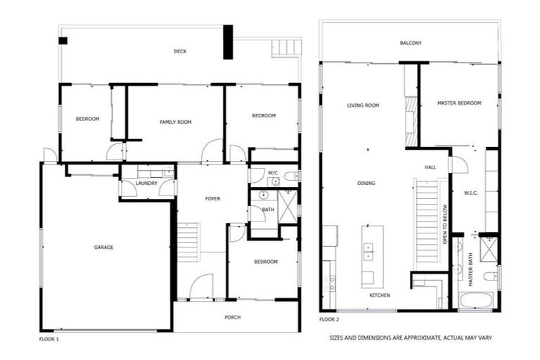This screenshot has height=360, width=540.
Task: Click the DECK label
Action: pyautogui.click(x=180, y=51)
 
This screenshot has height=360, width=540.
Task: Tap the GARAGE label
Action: pyautogui.click(x=104, y=247)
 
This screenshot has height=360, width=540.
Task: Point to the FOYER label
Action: pyautogui.click(x=212, y=199)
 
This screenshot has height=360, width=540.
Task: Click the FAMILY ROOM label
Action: pyautogui.click(x=175, y=122)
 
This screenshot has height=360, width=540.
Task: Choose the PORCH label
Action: pyautogui.click(x=232, y=317)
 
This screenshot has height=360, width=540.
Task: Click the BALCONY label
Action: pyautogui.click(x=411, y=43)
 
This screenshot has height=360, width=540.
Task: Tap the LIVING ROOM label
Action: pyautogui.click(x=363, y=105)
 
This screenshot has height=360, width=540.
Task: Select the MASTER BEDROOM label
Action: pyautogui.click(x=459, y=103)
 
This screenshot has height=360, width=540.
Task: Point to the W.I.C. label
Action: pyautogui.click(x=471, y=193)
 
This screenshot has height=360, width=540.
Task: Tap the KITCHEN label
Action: pyautogui.click(x=380, y=295)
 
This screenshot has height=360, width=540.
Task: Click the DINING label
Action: pyautogui.click(x=366, y=184)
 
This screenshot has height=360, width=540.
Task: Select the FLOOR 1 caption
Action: pyautogui.click(x=49, y=339)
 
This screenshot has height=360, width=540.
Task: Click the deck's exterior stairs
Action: pyautogui.click(x=285, y=48)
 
